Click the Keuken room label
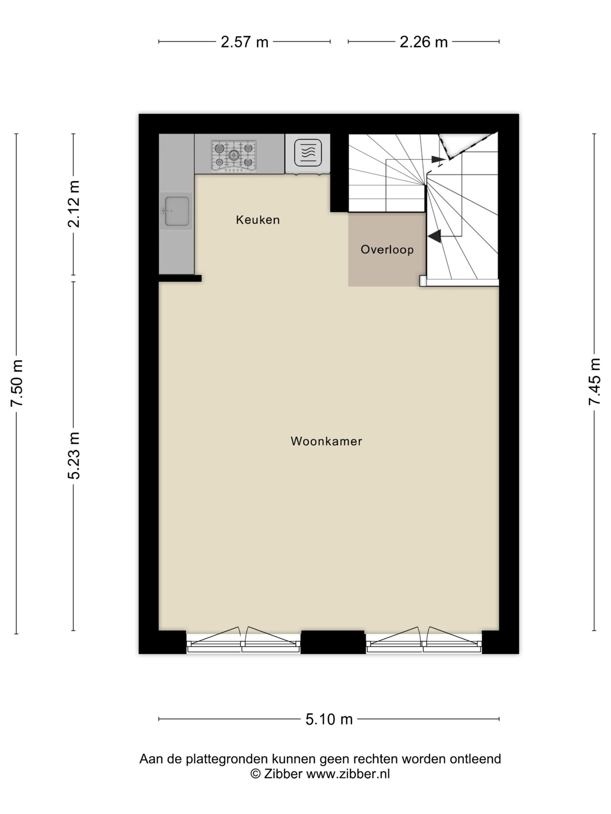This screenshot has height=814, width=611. [258, 220]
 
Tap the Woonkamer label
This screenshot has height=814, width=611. [326, 441]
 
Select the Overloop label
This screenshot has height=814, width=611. [387, 250]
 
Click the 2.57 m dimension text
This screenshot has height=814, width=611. [244, 42]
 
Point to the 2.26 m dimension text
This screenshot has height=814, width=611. [424, 42]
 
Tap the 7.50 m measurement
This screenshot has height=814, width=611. [17, 383]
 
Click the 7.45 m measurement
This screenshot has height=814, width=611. [594, 381]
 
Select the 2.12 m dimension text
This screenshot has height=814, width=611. [74, 204]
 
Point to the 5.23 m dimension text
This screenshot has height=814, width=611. [74, 456]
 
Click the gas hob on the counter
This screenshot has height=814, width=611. [234, 156]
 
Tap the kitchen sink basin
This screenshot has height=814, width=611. [177, 211]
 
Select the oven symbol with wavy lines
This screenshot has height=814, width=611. [308, 153]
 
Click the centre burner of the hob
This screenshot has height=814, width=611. [234, 155]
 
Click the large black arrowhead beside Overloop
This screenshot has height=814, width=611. [435, 236]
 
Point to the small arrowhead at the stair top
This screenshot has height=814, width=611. [438, 159]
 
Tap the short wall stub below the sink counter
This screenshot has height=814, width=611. [180, 279]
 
